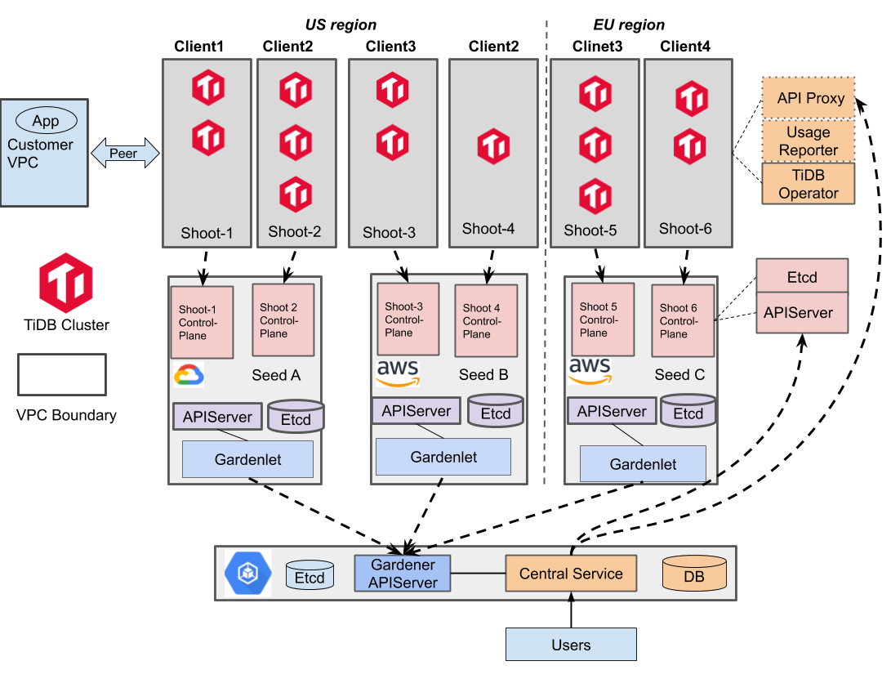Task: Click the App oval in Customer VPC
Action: tap(46, 121)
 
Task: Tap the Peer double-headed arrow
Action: tap(124, 153)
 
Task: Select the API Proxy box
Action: tap(809, 98)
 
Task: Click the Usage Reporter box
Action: tap(809, 141)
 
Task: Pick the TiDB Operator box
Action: tap(809, 184)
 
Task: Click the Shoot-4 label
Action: tap(488, 229)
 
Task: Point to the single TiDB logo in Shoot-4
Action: tap(493, 147)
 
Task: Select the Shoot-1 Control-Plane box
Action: tap(202, 322)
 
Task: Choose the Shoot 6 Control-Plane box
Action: tap(683, 320)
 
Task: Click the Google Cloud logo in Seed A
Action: tap(189, 375)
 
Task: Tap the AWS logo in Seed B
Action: tap(398, 373)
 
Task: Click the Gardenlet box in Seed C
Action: tap(643, 464)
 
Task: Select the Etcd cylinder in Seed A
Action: tap(296, 418)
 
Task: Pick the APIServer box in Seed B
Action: tap(417, 410)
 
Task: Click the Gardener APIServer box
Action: tap(403, 574)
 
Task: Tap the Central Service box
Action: tap(571, 574)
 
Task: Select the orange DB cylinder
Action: tap(694, 574)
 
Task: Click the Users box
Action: tap(571, 645)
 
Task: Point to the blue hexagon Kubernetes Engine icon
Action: tap(247, 574)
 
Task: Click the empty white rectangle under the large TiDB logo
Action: tap(62, 374)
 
